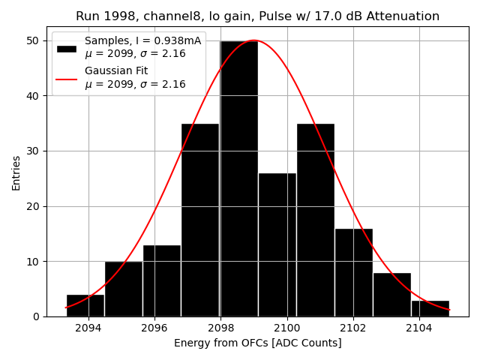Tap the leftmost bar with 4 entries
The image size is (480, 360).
[85, 306]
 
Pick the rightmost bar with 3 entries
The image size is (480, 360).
[430, 308]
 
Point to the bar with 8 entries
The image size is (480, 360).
[391, 295]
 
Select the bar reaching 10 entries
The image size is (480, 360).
[124, 289]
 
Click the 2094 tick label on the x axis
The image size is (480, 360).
[88, 328]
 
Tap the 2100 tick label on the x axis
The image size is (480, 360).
[286, 328]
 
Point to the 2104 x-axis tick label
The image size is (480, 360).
[418, 328]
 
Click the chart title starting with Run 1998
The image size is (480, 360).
[257, 16]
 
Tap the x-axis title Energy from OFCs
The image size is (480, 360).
[257, 343]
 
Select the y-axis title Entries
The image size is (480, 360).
[16, 172]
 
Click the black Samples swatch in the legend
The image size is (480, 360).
[66, 48]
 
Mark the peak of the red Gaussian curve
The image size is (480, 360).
[254, 40]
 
